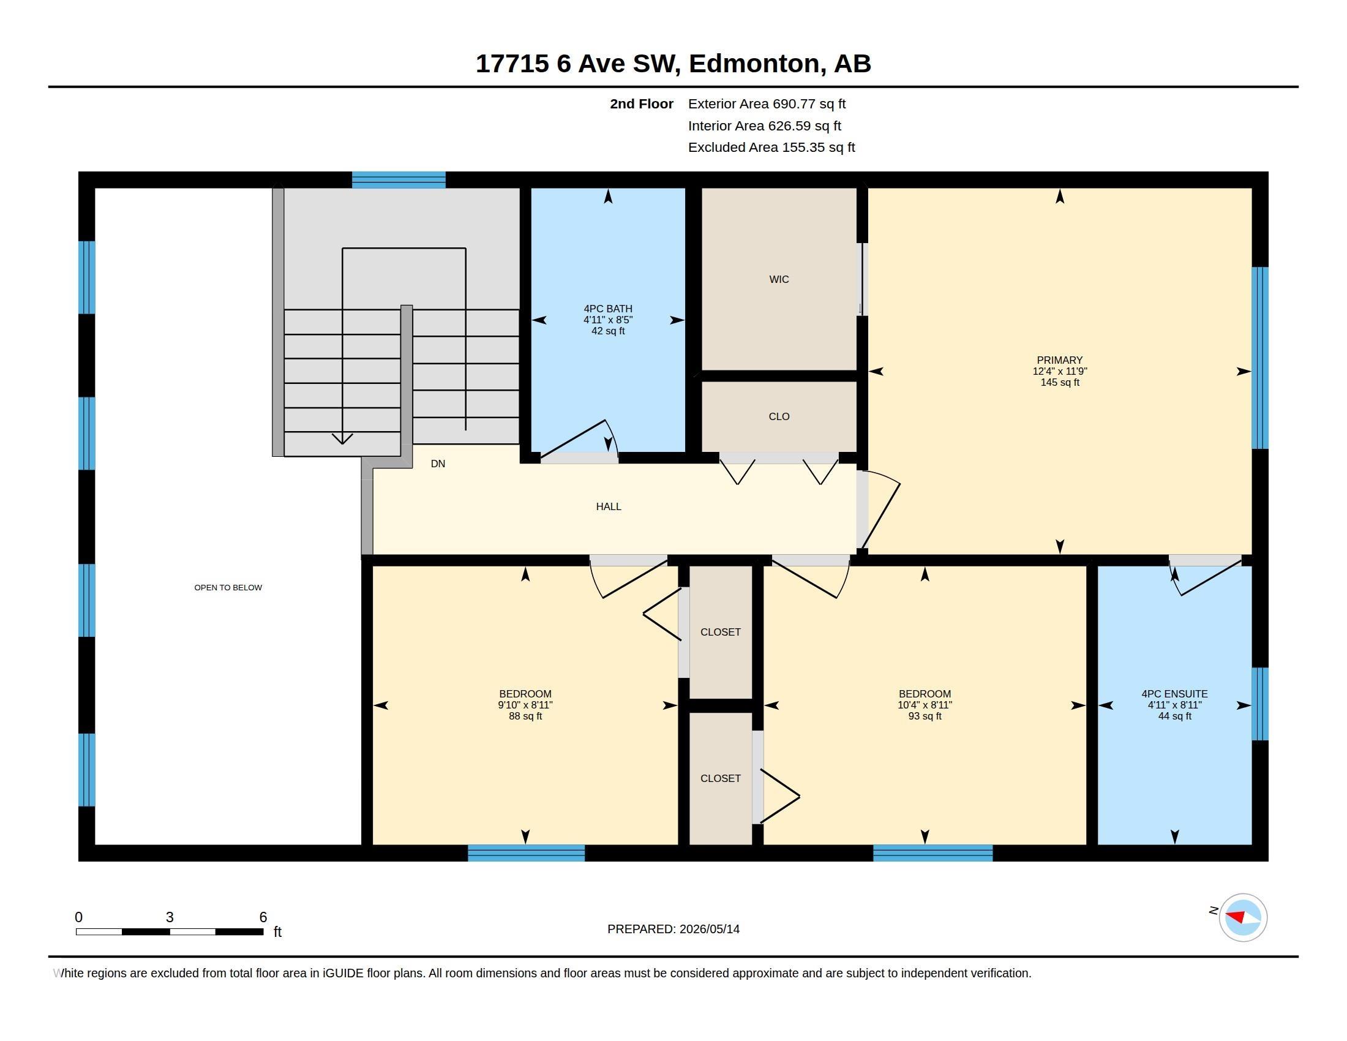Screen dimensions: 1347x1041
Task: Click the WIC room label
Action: tap(779, 279)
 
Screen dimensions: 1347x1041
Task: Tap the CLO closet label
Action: tap(779, 416)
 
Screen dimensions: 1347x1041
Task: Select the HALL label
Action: tap(609, 506)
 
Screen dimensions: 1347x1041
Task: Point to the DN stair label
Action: tap(438, 464)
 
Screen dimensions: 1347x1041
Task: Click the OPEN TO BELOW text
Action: tap(228, 588)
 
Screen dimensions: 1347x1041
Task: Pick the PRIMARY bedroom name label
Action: tap(1060, 360)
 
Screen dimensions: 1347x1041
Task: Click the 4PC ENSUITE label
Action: tap(1174, 694)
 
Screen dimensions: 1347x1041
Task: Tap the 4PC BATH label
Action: tap(608, 309)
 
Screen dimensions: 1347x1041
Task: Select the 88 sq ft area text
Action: tap(525, 716)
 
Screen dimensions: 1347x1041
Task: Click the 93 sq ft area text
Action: tap(925, 716)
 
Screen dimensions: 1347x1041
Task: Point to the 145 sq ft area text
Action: tap(1060, 382)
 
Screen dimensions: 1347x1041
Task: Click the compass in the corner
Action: tap(1243, 917)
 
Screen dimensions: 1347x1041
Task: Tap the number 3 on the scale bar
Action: tap(170, 917)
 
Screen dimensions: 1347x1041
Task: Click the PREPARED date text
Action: tap(673, 929)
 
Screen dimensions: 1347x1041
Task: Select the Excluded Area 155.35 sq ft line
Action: tap(771, 148)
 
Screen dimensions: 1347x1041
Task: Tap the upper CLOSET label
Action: tap(721, 632)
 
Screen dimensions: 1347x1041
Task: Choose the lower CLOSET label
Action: tap(721, 778)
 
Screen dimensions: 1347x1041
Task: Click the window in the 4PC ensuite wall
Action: tap(1260, 704)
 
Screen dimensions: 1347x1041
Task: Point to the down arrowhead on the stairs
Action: tap(342, 438)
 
